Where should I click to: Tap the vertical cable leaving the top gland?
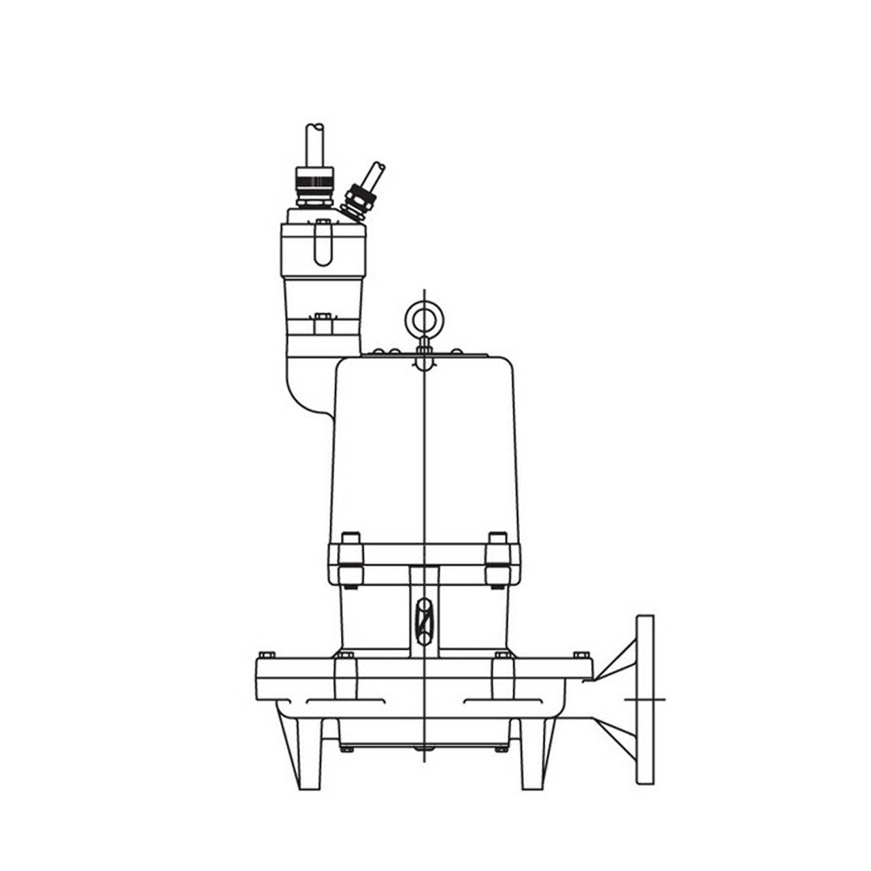tap(315, 144)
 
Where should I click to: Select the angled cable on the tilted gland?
tap(374, 175)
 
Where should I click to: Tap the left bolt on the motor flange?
tap(350, 559)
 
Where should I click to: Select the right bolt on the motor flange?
tap(497, 559)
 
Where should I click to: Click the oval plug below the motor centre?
tap(424, 621)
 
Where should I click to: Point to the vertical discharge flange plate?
tap(645, 700)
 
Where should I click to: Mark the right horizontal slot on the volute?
tap(500, 701)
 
